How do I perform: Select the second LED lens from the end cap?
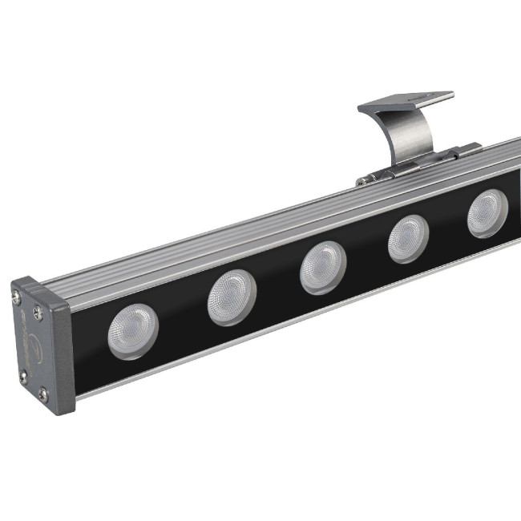tap(232, 297)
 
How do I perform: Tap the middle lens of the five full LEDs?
tap(323, 268)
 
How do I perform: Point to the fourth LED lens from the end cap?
tap(408, 239)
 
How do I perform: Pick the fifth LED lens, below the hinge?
tap(487, 213)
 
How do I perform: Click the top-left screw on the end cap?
tap(18, 298)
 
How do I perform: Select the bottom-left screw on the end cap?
tap(23, 374)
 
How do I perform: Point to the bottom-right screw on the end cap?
tap(43, 393)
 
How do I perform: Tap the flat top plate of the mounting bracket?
tap(405, 103)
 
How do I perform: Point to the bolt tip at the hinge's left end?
tap(361, 182)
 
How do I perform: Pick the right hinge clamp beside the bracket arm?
tap(466, 150)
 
